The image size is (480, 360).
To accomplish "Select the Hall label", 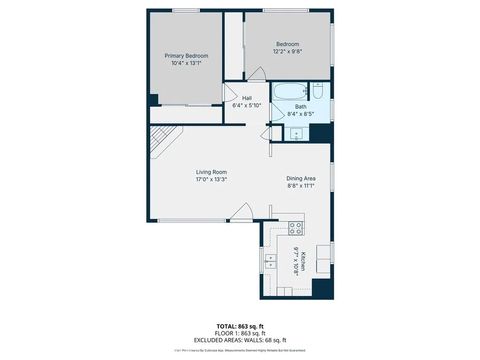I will (x=246, y=97).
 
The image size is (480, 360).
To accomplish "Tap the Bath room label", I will (x=300, y=106).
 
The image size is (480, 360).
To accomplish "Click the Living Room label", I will (x=211, y=172).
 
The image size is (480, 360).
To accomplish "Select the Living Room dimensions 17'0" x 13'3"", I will (x=211, y=180).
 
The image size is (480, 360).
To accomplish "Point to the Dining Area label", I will (x=301, y=178).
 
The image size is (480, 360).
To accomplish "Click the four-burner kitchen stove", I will (x=297, y=228).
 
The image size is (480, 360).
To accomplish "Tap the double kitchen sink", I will (x=270, y=263).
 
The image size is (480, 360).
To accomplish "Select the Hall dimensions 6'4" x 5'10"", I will (x=246, y=105).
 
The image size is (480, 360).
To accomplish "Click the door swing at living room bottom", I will (x=241, y=212).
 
